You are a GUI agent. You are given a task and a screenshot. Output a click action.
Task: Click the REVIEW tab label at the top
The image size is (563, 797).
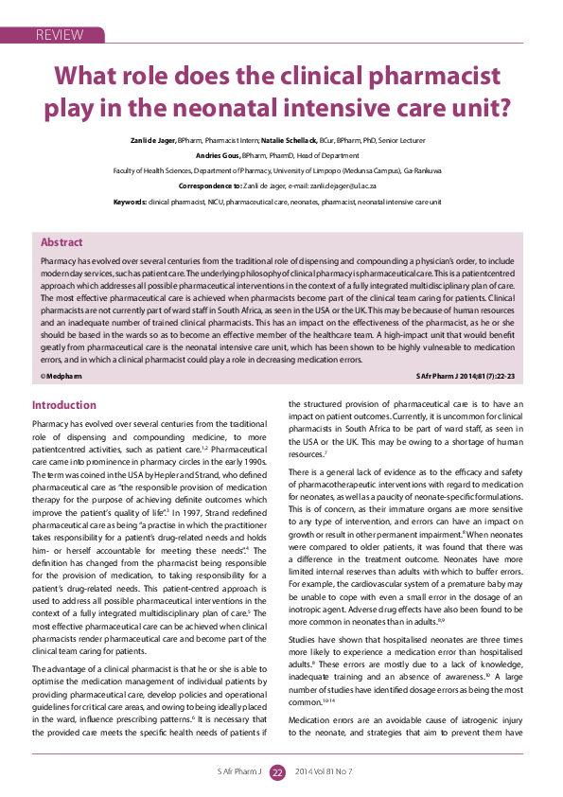pyautogui.click(x=59, y=35)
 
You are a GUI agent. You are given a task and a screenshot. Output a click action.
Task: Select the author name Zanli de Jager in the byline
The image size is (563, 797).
pyautogui.click(x=153, y=140)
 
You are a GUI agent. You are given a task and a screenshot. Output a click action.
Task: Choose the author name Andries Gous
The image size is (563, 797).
pyautogui.click(x=218, y=155)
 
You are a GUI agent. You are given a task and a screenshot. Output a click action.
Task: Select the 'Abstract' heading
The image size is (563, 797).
pyautogui.click(x=62, y=243)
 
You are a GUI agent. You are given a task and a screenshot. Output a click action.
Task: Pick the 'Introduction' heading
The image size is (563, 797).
pyautogui.click(x=64, y=405)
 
